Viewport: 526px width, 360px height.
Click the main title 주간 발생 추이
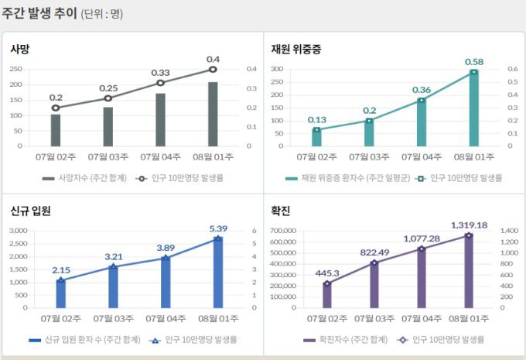pyautogui.click(x=39, y=13)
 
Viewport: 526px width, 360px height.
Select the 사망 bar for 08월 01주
pyautogui.click(x=213, y=114)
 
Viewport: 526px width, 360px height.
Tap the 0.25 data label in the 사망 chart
pyautogui.click(x=108, y=87)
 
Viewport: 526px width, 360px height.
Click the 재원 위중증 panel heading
pyautogui.click(x=295, y=49)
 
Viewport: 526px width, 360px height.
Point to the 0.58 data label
pyautogui.click(x=474, y=61)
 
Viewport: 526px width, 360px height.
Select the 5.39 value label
pyautogui.click(x=217, y=228)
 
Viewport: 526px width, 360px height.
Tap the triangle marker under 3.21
pyautogui.click(x=113, y=266)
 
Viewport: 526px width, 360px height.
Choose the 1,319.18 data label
pyautogui.click(x=469, y=225)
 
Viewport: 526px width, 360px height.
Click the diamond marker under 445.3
pyautogui.click(x=327, y=283)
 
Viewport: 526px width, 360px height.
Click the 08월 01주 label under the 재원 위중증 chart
pyautogui.click(x=474, y=157)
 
